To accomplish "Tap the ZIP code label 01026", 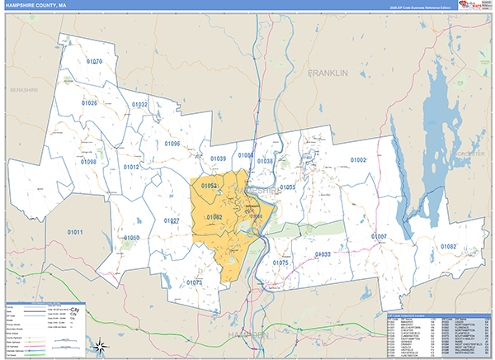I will click(x=88, y=103).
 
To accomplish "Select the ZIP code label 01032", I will click(x=139, y=105).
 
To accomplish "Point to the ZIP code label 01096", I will click(x=171, y=144).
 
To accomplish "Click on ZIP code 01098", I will click(x=88, y=163).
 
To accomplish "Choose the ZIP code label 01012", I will click(x=131, y=167).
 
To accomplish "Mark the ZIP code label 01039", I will click(x=218, y=159).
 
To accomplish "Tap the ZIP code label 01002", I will click(x=358, y=159).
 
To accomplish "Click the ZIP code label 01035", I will click(x=287, y=187).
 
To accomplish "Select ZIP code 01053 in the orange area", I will click(x=209, y=187).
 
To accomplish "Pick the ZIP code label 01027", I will click(x=171, y=221).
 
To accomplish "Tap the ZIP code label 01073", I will click(x=195, y=282).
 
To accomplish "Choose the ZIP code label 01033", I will click(x=323, y=254).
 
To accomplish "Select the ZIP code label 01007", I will click(x=379, y=237).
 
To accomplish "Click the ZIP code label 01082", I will click(x=448, y=247).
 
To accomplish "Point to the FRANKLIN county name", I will click(x=329, y=73).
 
